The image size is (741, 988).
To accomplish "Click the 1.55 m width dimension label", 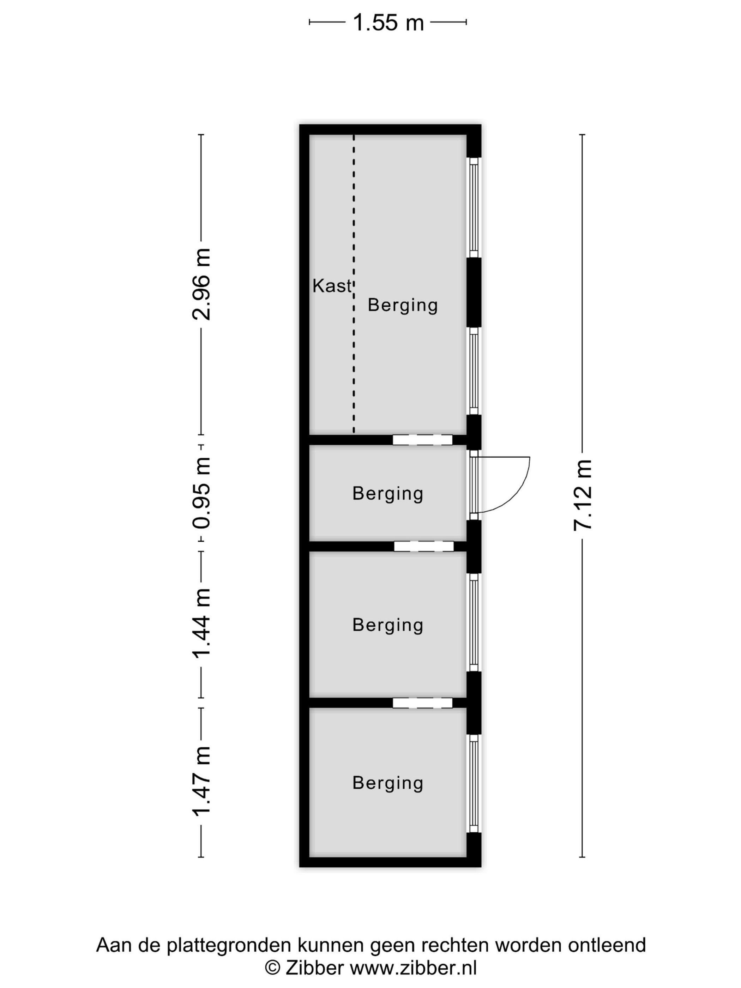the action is pos(388,22).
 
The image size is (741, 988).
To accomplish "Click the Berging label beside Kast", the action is pos(403,306).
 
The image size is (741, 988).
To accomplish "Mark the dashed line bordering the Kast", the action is pos(354,284).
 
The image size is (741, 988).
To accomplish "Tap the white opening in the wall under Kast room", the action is pos(422,440).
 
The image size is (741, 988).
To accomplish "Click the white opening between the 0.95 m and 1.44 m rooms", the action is pos(423,546).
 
